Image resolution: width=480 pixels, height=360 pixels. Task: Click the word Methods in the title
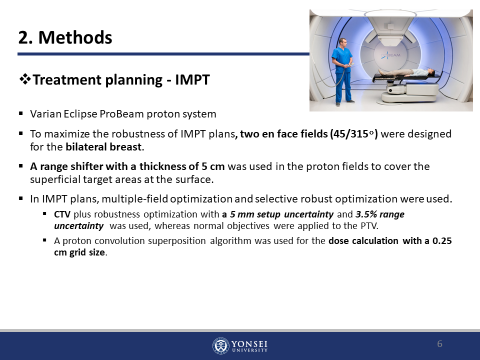(75, 37)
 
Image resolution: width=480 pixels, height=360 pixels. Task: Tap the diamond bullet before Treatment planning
(25, 79)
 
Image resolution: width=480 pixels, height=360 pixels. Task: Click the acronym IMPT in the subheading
(192, 79)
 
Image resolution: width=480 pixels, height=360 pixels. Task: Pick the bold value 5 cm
(213, 166)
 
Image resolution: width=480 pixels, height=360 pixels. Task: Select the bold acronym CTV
(62, 214)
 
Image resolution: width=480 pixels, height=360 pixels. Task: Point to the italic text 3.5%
(366, 214)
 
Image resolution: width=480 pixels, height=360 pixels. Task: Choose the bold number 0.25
(441, 241)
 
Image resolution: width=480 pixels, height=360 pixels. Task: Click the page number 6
(439, 344)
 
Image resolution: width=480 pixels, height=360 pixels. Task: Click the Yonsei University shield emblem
(220, 346)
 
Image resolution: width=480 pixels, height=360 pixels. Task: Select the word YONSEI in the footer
(249, 344)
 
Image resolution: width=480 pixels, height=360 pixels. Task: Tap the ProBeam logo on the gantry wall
(390, 55)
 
